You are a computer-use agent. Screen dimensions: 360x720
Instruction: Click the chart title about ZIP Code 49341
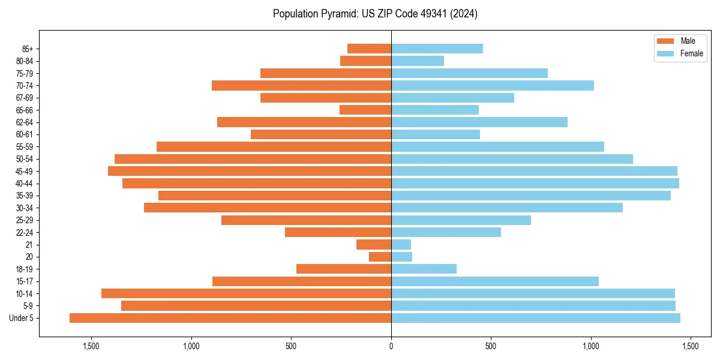(x=375, y=14)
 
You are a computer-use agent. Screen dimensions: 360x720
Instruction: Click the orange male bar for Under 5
(x=230, y=318)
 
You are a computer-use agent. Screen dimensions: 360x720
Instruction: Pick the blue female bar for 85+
(x=437, y=49)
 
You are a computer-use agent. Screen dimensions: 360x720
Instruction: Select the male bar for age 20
(x=380, y=257)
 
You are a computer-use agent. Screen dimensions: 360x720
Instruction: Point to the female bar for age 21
(x=401, y=244)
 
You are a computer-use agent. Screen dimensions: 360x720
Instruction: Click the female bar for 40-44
(x=535, y=183)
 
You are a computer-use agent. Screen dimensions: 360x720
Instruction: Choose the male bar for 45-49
(x=250, y=171)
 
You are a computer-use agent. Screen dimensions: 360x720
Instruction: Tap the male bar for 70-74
(x=301, y=85)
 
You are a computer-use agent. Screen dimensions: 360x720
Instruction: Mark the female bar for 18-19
(x=424, y=269)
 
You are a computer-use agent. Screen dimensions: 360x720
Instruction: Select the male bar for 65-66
(x=365, y=110)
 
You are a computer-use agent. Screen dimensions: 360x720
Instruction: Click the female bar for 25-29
(x=461, y=220)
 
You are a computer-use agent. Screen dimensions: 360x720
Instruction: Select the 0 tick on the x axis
(x=391, y=346)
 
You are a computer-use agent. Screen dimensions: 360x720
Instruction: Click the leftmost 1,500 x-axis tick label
(x=91, y=346)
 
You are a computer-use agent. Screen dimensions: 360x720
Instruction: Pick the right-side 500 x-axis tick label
(x=491, y=346)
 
